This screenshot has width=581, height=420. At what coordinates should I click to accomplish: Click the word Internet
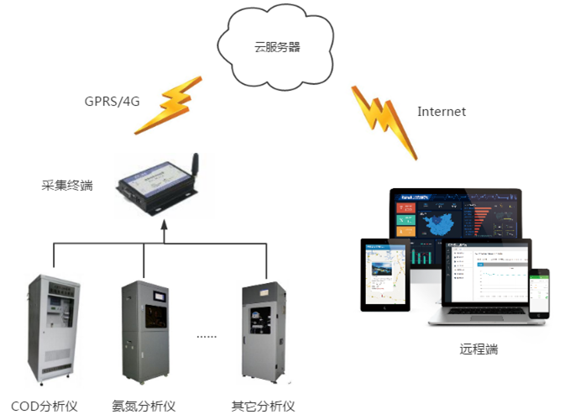click(x=442, y=111)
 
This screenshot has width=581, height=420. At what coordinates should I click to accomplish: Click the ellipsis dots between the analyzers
click(x=207, y=335)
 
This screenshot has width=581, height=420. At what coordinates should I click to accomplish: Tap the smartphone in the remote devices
click(x=543, y=294)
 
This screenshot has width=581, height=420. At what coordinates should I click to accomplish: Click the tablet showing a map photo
click(x=384, y=274)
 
